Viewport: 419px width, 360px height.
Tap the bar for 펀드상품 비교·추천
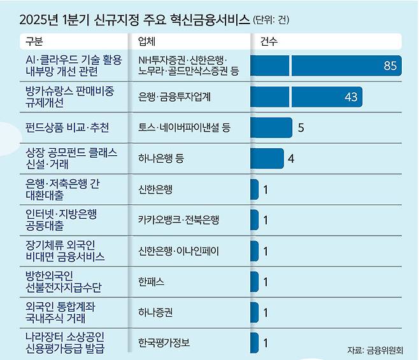point(271,128)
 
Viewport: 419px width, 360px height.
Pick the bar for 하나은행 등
point(267,158)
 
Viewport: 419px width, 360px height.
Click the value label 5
point(301,128)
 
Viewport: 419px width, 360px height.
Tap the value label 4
point(290,158)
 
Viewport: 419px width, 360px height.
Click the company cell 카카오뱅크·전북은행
point(178,220)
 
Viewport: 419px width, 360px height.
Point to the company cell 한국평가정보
point(164,343)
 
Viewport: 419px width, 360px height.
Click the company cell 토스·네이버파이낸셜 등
point(184,128)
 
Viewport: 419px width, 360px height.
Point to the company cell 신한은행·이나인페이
point(178,251)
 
